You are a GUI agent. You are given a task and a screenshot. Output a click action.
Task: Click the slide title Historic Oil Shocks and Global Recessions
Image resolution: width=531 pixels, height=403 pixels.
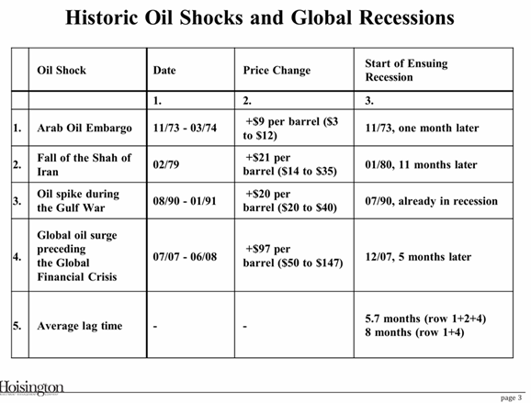click(x=260, y=17)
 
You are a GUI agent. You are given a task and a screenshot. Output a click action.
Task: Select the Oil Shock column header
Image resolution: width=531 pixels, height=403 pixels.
click(x=62, y=70)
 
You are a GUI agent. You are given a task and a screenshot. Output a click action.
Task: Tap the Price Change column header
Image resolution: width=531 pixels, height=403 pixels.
click(x=277, y=70)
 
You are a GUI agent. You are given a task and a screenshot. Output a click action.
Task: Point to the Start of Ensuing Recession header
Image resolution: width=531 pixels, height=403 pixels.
click(x=406, y=70)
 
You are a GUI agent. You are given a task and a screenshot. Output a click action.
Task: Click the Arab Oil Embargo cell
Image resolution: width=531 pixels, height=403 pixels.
click(x=85, y=128)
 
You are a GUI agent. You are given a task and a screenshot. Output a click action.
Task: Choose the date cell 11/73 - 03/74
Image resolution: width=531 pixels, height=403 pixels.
click(x=185, y=128)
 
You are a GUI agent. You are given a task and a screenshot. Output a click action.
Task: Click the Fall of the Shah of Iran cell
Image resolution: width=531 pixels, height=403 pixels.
click(x=84, y=164)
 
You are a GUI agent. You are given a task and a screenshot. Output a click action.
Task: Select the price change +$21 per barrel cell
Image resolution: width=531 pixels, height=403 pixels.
click(x=290, y=164)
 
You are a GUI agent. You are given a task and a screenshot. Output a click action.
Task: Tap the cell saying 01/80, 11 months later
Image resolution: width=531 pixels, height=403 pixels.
click(x=421, y=165)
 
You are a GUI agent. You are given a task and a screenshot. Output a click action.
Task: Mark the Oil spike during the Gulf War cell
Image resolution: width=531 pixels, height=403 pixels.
click(x=78, y=201)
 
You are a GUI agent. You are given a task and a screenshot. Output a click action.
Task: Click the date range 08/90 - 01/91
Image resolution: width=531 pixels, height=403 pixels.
click(x=185, y=201)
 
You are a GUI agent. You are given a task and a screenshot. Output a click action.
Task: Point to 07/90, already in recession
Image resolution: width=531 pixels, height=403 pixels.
click(x=432, y=201)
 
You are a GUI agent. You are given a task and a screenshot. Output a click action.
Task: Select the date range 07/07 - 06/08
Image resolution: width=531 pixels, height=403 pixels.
click(x=185, y=256)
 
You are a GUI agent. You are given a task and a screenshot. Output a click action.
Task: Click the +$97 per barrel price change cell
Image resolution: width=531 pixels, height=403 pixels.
click(x=293, y=256)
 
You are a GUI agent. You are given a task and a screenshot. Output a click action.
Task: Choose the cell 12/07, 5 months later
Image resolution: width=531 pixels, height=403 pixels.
click(x=418, y=257)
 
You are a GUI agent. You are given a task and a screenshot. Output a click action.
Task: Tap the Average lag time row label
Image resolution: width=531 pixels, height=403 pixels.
click(x=80, y=326)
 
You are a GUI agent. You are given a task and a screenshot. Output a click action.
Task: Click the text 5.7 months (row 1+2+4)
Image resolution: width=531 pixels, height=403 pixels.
click(x=425, y=319)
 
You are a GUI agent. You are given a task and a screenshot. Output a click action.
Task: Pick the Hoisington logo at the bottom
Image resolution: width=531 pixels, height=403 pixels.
click(x=31, y=387)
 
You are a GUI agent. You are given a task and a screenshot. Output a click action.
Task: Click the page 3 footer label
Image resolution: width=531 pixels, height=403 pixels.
click(x=511, y=397)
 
